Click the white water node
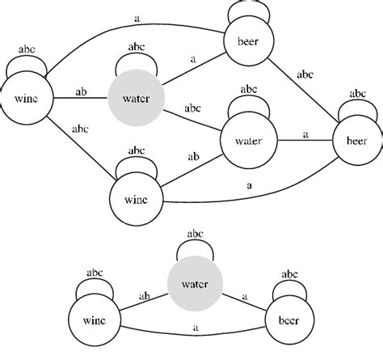pos(248,139)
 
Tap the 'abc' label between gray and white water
pos(192,107)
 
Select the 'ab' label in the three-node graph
pos(145,295)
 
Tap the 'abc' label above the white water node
pos(249,89)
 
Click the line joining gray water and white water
pos(189,118)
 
